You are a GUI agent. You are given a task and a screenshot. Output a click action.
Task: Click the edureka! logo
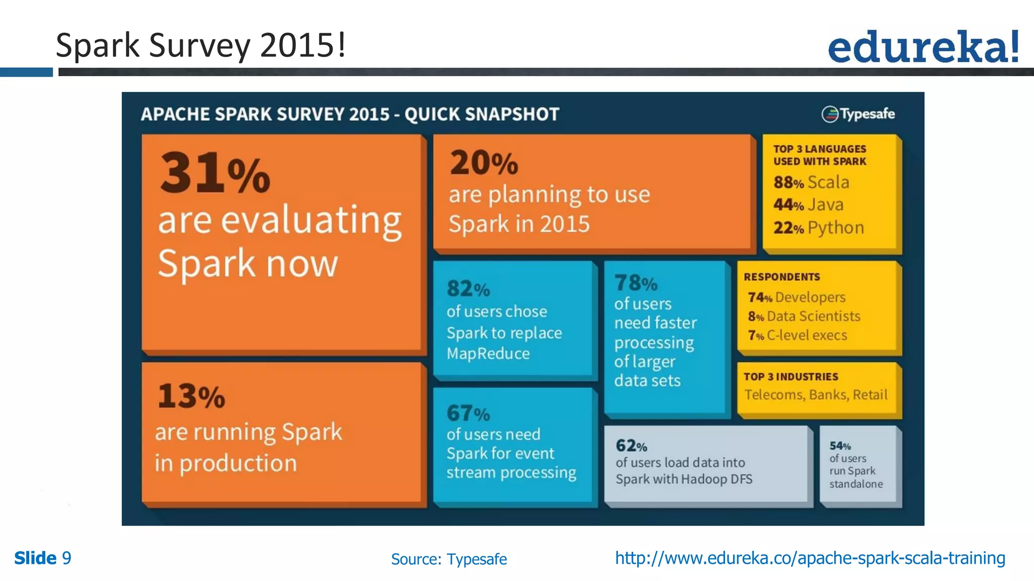pyautogui.click(x=923, y=46)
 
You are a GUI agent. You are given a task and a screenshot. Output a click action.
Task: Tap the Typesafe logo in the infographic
pyautogui.click(x=858, y=114)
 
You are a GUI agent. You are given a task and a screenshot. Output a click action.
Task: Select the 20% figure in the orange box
pyautogui.click(x=484, y=163)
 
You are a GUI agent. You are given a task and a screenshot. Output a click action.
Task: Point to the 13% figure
pyautogui.click(x=191, y=396)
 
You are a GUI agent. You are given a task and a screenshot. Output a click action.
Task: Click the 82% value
pyautogui.click(x=468, y=289)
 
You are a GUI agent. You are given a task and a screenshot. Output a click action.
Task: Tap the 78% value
pyautogui.click(x=636, y=283)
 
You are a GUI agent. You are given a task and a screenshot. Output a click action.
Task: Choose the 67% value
pyautogui.click(x=468, y=414)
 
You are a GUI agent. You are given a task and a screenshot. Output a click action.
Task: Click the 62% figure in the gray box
pyautogui.click(x=631, y=446)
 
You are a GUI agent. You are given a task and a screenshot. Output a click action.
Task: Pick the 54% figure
pyautogui.click(x=840, y=446)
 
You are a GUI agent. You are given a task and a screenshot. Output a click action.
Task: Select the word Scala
pyautogui.click(x=828, y=182)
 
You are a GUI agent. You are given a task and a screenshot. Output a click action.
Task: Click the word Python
pyautogui.click(x=836, y=228)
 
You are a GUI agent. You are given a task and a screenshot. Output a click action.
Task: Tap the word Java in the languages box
pyautogui.click(x=825, y=205)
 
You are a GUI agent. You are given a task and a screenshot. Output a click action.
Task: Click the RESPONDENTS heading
pyautogui.click(x=782, y=277)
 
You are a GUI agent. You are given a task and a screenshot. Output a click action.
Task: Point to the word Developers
pyautogui.click(x=810, y=297)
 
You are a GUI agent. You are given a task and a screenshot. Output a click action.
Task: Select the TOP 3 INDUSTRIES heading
pyautogui.click(x=791, y=377)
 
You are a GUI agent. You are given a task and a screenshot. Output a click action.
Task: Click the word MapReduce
pyautogui.click(x=488, y=354)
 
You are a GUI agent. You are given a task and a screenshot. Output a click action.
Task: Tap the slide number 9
pyautogui.click(x=67, y=558)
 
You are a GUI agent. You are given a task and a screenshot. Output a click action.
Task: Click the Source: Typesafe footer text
pyautogui.click(x=449, y=559)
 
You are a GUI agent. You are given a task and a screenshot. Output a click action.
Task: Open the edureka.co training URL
pyautogui.click(x=810, y=558)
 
